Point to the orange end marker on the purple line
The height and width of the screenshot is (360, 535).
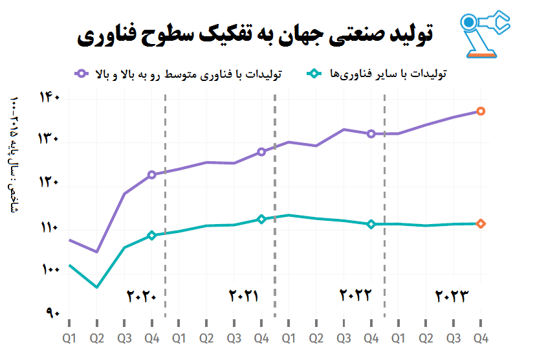pos(481,111)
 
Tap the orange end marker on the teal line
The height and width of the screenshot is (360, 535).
pos(481,224)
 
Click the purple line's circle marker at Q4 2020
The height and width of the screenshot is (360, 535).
pos(151,175)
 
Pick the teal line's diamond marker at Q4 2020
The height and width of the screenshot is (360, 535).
pos(151,236)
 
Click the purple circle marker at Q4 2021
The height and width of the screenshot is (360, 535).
pos(261,152)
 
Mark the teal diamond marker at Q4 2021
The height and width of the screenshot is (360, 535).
pos(261,219)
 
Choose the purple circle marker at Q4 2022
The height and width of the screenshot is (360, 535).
pos(371,134)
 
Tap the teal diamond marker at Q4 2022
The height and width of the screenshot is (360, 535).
pos(371,225)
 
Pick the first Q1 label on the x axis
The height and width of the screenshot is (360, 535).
pos(69,338)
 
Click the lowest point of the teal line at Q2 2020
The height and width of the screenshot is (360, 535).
pos(96,287)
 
